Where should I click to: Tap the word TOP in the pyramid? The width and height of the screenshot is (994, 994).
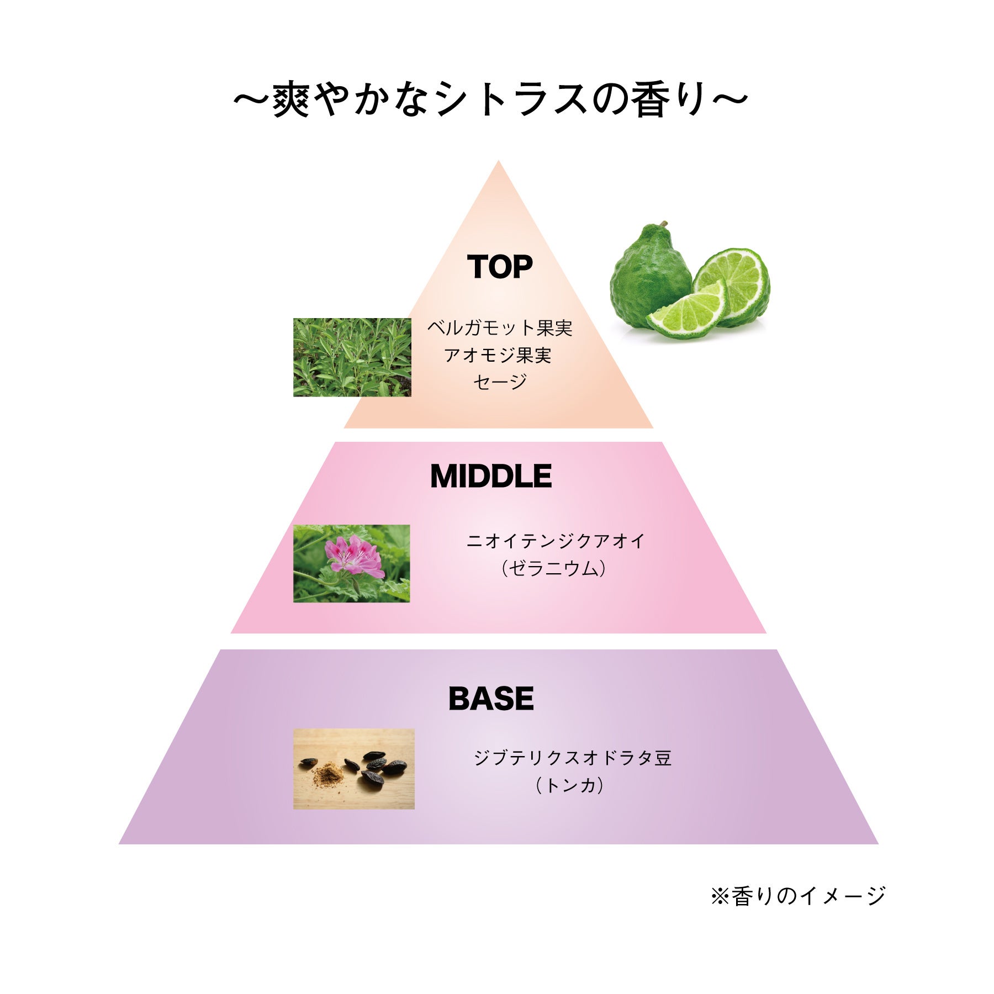[x=500, y=267]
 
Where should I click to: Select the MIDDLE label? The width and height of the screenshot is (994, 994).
[x=491, y=477]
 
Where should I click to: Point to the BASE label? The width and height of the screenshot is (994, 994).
[x=491, y=699]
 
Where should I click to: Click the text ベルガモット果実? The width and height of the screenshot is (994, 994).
[x=500, y=329]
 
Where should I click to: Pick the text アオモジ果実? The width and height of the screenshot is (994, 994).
[x=498, y=355]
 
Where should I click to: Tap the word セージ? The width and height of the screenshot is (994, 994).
[x=500, y=382]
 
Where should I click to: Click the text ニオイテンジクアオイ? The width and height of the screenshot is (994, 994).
[x=555, y=541]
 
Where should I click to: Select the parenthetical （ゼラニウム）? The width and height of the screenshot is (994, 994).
[x=554, y=568]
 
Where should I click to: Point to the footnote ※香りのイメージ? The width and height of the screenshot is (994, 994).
[x=797, y=896]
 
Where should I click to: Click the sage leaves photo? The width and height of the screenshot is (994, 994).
[x=352, y=357]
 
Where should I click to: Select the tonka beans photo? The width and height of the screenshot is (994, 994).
[x=353, y=769]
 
